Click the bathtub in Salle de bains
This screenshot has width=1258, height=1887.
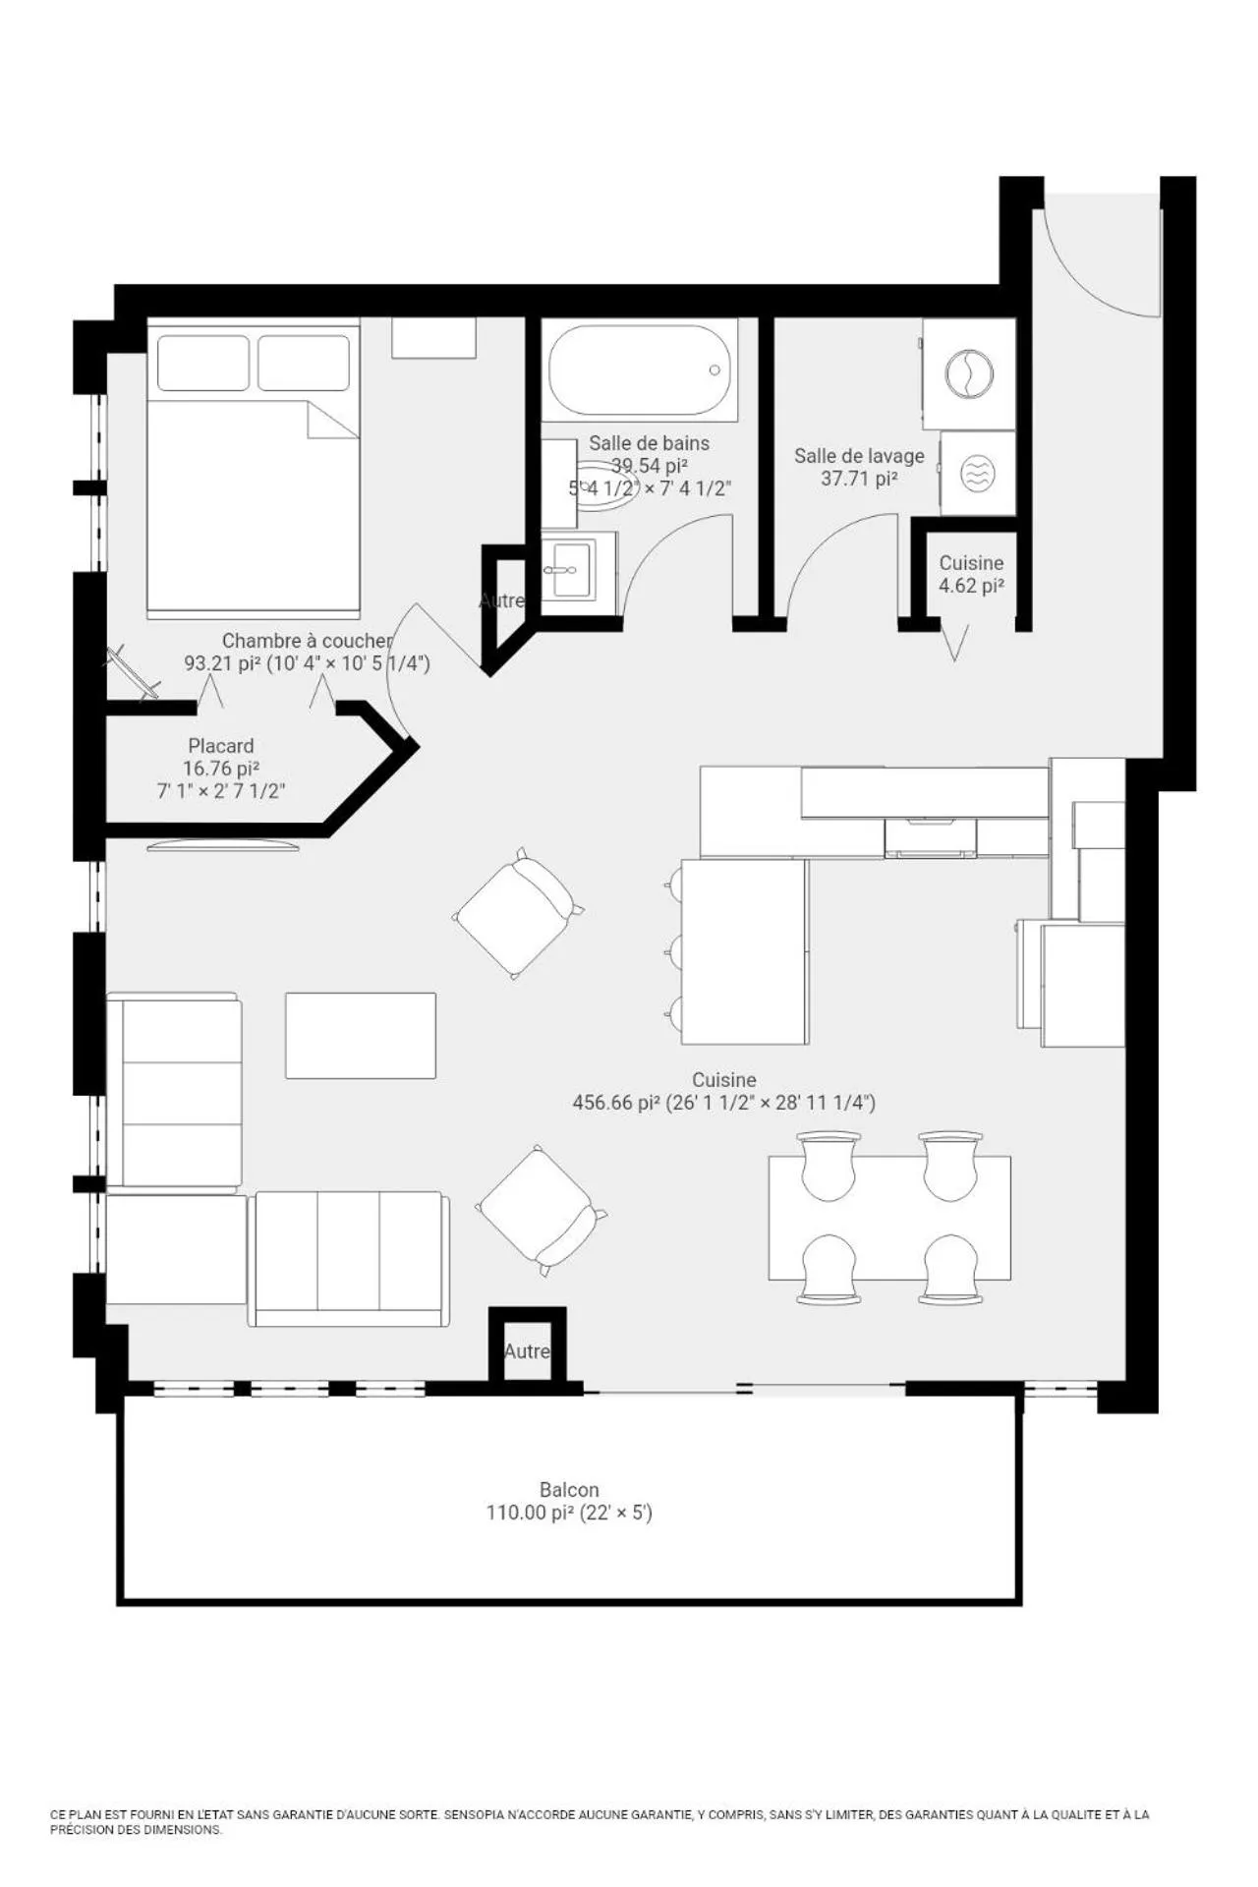(640, 371)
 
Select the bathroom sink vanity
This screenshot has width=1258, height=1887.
(578, 569)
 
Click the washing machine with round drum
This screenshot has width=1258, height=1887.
(969, 373)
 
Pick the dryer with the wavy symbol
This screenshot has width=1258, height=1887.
(976, 474)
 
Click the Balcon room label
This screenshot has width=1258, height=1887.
(569, 1490)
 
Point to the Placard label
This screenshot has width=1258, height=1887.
(221, 746)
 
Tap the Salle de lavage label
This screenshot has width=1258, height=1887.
(859, 456)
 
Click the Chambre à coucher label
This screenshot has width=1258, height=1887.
(307, 641)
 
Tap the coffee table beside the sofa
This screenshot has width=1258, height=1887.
(361, 1036)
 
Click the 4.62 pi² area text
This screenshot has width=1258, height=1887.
(971, 586)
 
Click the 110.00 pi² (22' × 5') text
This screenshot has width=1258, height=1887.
(569, 1513)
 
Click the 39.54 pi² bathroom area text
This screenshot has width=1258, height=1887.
(649, 466)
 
